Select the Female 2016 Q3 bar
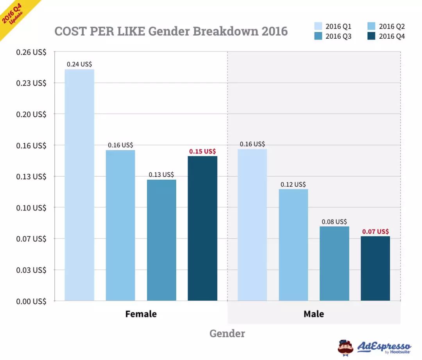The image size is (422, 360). [x=161, y=240]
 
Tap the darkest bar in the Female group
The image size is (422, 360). [x=202, y=228]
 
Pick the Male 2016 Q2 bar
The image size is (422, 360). [x=293, y=245]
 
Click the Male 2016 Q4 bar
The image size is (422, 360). [x=375, y=268]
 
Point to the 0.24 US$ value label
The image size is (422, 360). [x=79, y=64]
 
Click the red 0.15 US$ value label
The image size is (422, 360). [x=202, y=151]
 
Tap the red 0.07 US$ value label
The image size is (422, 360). [x=375, y=231]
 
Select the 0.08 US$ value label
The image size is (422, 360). [x=334, y=222]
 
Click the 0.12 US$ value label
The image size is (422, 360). [x=293, y=184]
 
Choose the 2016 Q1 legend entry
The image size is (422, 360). [x=333, y=27]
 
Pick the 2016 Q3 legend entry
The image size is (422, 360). [x=333, y=36]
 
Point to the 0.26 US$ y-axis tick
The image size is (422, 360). [x=31, y=52]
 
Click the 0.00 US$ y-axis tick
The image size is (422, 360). [x=31, y=301]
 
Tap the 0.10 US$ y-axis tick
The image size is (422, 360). [x=31, y=207]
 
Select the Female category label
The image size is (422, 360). [x=141, y=314]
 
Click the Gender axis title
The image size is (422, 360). [x=227, y=333]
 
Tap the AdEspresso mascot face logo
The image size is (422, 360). [x=345, y=347]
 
